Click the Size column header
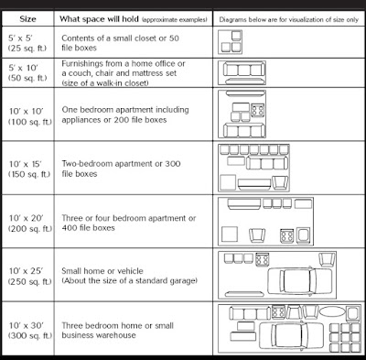(x=27, y=19)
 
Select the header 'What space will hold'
(x=99, y=19)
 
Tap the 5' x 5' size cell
(x=21, y=38)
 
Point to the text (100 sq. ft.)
(x=30, y=122)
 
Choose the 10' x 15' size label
(x=25, y=164)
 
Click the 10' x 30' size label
(x=27, y=325)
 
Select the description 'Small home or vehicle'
(x=102, y=271)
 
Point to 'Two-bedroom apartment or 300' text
(x=121, y=164)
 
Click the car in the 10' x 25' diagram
(x=299, y=281)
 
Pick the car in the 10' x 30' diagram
(x=291, y=335)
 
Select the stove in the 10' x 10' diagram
(x=258, y=110)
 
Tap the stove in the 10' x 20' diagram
(x=286, y=235)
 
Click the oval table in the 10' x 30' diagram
(x=332, y=312)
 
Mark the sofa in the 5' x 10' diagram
(x=244, y=70)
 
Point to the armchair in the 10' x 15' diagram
(x=280, y=183)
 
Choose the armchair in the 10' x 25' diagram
(x=327, y=260)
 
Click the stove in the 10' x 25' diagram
(x=263, y=259)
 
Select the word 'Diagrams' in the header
(x=232, y=20)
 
